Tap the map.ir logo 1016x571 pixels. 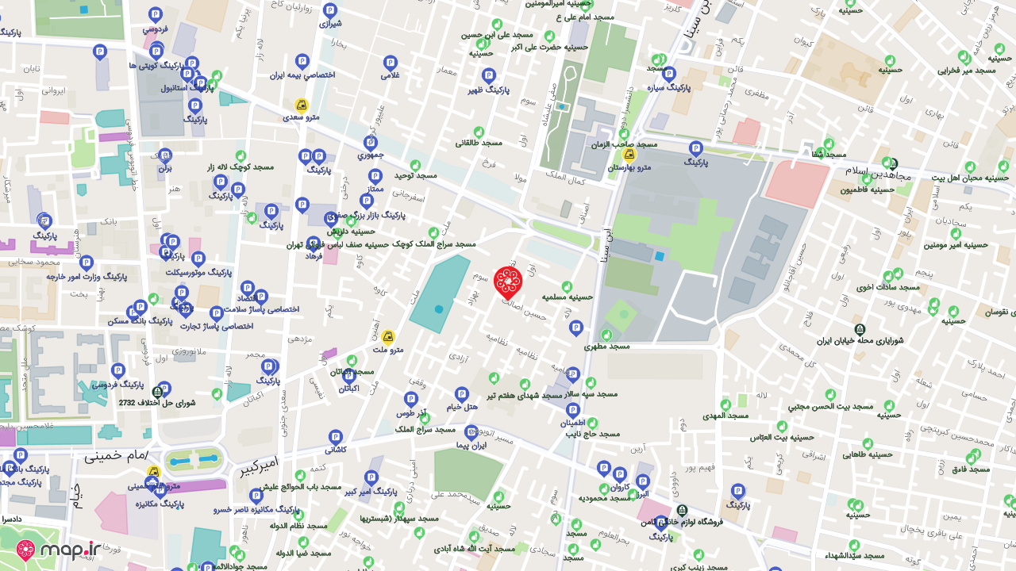59,550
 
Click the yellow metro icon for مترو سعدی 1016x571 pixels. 302,105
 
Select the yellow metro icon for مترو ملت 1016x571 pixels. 388,337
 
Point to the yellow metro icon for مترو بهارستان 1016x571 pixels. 629,155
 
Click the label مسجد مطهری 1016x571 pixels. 606,347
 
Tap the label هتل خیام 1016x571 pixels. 461,407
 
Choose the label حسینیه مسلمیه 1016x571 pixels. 568,297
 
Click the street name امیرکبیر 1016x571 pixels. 260,466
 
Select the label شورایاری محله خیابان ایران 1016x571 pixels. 860,341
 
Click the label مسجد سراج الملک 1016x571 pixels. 425,429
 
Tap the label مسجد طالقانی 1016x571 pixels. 479,143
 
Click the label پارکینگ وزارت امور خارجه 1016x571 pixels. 87,277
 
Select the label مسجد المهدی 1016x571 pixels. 725,416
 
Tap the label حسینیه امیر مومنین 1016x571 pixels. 954,244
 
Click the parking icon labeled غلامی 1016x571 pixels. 390,76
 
